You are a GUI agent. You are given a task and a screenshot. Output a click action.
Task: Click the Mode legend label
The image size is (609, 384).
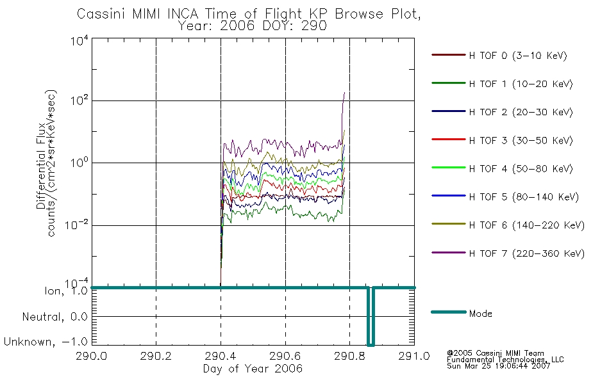(x=480, y=314)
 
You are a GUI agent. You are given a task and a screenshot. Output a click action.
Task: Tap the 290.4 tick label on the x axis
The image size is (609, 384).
(x=221, y=356)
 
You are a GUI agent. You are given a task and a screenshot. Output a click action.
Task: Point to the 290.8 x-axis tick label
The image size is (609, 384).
(x=349, y=356)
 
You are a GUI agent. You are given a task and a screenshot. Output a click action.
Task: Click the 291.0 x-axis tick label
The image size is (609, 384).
(x=414, y=356)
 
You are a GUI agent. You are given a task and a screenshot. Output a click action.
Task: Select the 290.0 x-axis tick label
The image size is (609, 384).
(x=91, y=356)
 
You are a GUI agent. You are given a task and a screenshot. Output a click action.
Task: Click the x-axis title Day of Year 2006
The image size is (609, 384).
(x=253, y=369)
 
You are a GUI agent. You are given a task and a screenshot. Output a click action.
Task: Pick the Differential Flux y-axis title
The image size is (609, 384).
(x=41, y=166)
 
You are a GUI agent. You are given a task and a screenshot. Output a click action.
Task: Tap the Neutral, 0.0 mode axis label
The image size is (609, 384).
(x=54, y=317)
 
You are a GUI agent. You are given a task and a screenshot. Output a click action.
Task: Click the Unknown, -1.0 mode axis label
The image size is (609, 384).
(x=46, y=342)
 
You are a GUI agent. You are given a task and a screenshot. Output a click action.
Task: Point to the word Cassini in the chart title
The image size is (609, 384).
(x=101, y=14)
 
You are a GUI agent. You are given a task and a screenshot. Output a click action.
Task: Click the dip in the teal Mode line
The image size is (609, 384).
(x=371, y=316)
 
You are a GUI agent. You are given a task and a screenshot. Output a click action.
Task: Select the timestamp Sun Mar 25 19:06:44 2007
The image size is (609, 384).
(x=499, y=366)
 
